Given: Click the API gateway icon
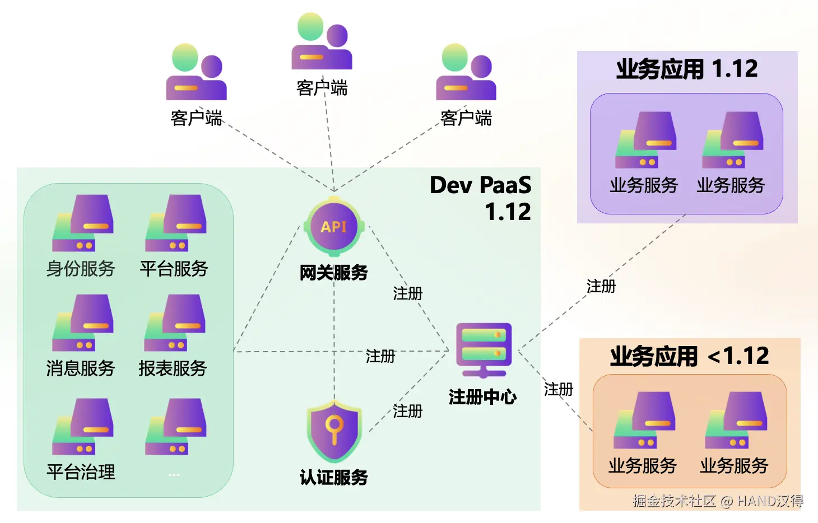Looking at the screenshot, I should pyautogui.click(x=334, y=227).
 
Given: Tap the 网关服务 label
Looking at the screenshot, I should pyautogui.click(x=334, y=273).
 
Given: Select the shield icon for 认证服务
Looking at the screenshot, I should pyautogui.click(x=334, y=431).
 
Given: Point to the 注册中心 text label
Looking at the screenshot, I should pyautogui.click(x=482, y=397).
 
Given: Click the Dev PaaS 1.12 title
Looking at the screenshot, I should pyautogui.click(x=481, y=198).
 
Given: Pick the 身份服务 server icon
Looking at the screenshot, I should pyautogui.click(x=83, y=223).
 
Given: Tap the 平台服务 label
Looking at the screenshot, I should pyautogui.click(x=174, y=269).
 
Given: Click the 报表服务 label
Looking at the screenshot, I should pyautogui.click(x=173, y=368).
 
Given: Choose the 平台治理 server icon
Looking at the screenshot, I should pyautogui.click(x=83, y=426).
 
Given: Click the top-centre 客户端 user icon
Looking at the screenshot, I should pyautogui.click(x=322, y=41).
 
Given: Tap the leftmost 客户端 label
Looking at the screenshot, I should pyautogui.click(x=196, y=118).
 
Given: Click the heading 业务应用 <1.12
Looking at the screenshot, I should pyautogui.click(x=690, y=356).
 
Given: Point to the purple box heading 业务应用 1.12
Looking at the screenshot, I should pyautogui.click(x=687, y=69).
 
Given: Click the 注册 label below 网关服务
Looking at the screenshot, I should pyautogui.click(x=407, y=293).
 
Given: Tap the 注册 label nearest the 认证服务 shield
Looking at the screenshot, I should pyautogui.click(x=407, y=411).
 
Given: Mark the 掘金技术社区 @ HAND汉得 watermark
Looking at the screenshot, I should pyautogui.click(x=718, y=501).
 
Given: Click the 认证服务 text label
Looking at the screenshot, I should pyautogui.click(x=334, y=478).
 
